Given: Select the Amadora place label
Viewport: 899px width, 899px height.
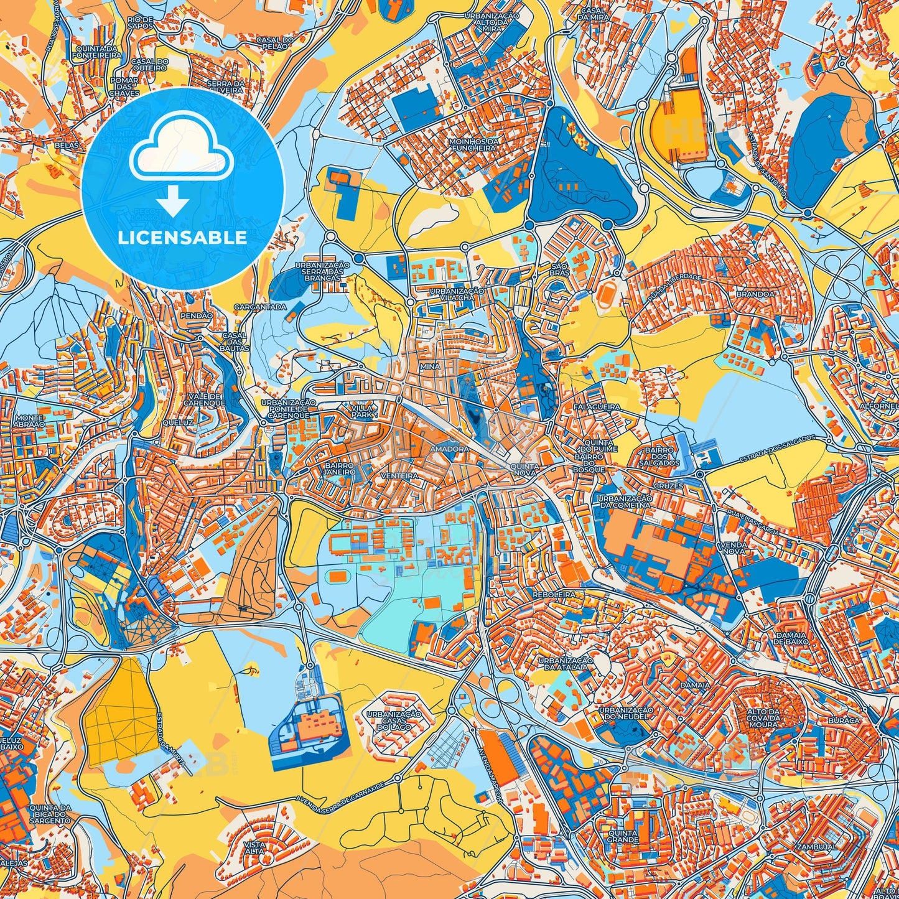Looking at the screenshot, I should pos(449,449).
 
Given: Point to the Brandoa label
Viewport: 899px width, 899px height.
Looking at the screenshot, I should pos(755,294).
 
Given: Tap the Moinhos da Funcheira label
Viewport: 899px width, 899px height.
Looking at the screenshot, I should pos(475,145).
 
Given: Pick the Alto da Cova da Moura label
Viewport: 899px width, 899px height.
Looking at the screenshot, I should pos(763,718).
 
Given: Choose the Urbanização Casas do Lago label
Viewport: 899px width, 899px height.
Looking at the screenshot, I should pos(393,720).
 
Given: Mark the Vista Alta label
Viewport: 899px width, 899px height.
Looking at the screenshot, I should pos(255,848).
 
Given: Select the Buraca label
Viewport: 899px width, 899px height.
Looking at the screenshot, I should pos(843,720).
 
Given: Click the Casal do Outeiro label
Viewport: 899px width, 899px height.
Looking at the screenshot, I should pos(149,64).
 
